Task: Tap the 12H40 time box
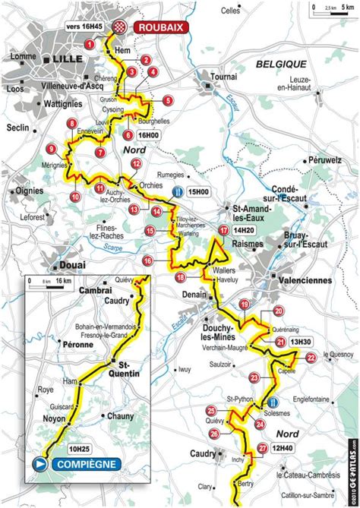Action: [x=287, y=449]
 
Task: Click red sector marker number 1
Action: [x=90, y=45]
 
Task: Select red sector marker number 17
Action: [x=223, y=230]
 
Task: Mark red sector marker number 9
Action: [x=52, y=148]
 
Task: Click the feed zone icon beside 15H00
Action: [x=177, y=192]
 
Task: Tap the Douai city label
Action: [x=71, y=265]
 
